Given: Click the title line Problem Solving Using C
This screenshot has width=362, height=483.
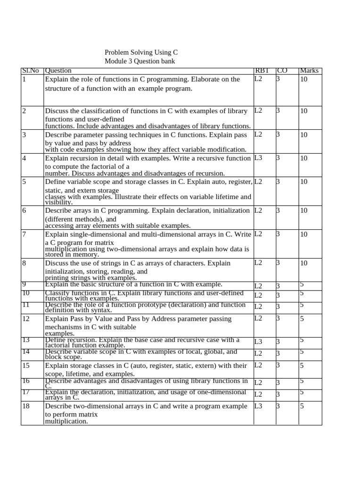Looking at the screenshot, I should coord(141,53).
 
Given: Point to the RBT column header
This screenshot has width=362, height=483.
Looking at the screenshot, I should coord(262,71).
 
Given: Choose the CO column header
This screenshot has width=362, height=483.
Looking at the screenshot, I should coord(282,71).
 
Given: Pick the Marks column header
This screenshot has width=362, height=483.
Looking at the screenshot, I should coord(309,71).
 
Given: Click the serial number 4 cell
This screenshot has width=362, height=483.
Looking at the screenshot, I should coord(25,158).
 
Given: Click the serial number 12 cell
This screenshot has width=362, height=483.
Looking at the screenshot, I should coord(26,319).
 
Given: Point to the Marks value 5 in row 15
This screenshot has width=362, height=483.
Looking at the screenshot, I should coord(302,365).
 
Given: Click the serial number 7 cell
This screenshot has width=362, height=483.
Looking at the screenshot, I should coord(25,234).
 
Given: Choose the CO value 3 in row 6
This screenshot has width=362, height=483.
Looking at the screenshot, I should coord(278,210).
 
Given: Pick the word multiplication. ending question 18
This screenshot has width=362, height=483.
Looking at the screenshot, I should coord(66,421).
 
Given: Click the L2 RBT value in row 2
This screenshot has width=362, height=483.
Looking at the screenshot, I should coord(258,111).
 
